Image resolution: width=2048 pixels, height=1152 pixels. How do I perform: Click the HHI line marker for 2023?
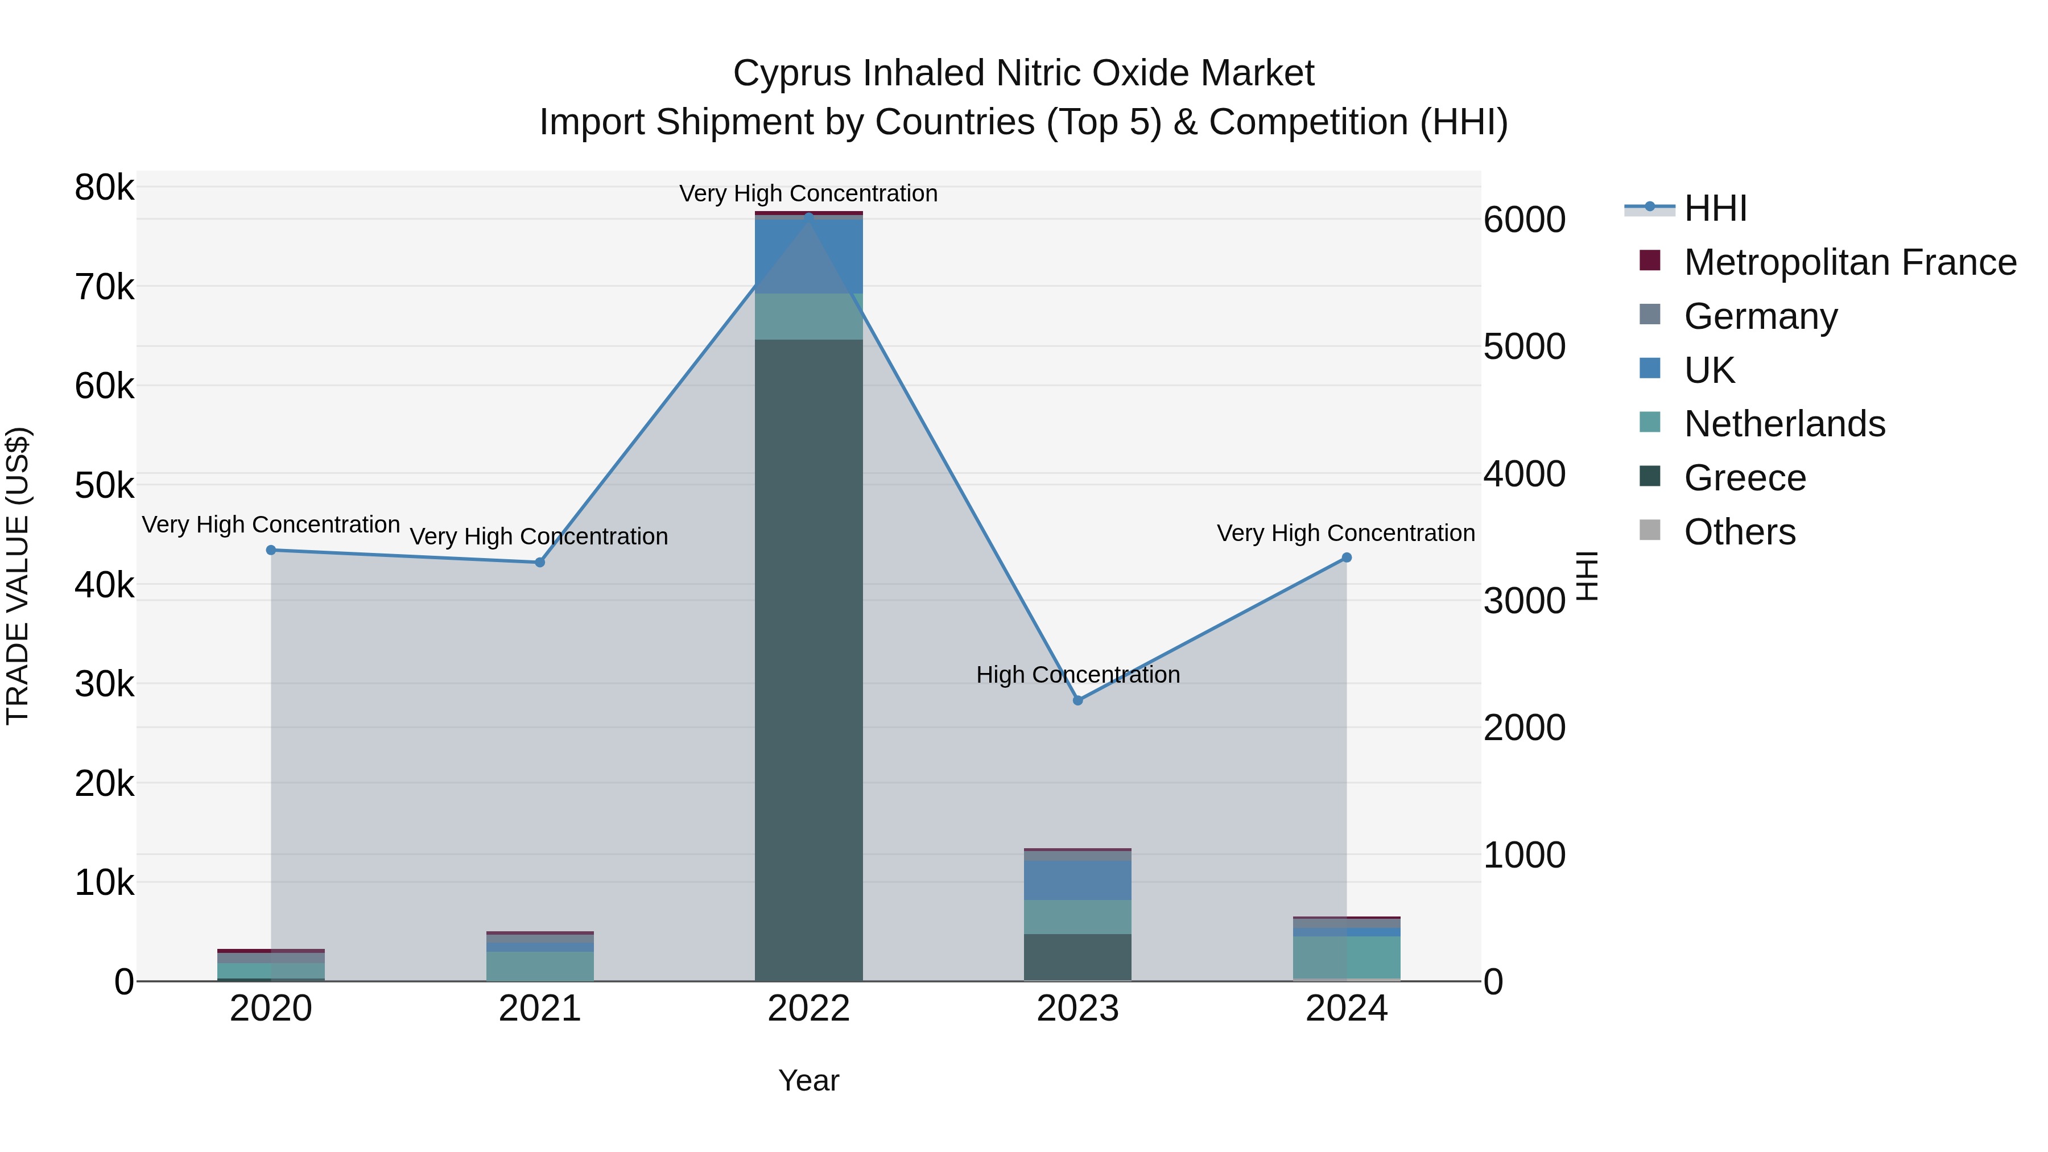point(1077,700)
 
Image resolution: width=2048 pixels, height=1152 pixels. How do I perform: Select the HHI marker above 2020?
point(271,550)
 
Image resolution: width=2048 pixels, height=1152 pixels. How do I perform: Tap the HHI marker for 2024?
point(1346,558)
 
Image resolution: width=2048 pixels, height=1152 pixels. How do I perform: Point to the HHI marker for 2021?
point(540,562)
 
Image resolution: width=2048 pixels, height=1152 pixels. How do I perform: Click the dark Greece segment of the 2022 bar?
point(808,660)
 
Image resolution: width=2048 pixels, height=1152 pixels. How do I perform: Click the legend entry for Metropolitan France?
point(1849,262)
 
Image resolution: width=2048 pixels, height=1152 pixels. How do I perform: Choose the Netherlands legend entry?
point(1784,424)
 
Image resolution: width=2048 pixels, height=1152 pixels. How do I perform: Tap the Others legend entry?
point(1740,532)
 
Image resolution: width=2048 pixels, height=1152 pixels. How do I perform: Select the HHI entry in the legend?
point(1715,208)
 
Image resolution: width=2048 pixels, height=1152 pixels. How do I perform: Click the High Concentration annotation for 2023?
point(1077,675)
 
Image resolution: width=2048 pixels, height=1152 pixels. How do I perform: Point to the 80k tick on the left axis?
point(104,188)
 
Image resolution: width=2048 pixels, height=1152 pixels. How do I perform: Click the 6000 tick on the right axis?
point(1524,220)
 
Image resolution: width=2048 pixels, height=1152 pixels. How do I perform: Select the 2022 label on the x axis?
point(808,1009)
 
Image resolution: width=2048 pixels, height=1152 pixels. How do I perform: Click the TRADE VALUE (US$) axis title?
point(18,576)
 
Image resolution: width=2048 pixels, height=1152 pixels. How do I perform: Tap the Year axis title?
point(808,1080)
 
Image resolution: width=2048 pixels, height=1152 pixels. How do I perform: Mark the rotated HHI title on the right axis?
point(1587,576)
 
